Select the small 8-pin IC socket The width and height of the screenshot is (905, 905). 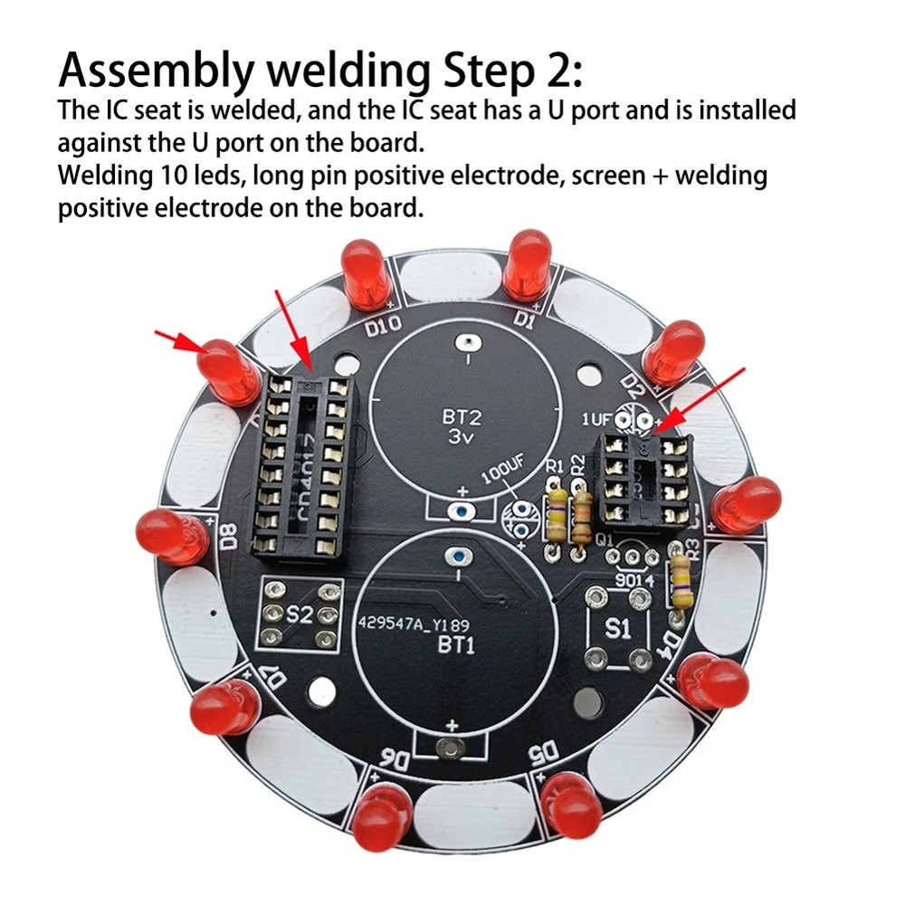(x=643, y=480)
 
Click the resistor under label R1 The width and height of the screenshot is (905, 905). (x=556, y=517)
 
